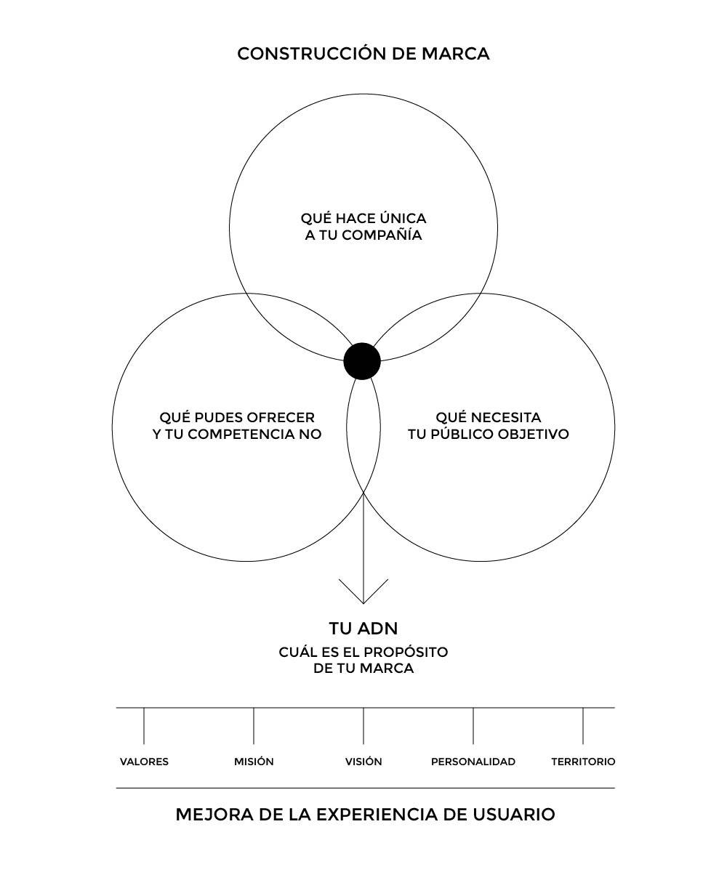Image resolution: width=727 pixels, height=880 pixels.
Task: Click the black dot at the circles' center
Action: pos(362,361)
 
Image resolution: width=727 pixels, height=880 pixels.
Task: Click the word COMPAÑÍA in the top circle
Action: pos(382,235)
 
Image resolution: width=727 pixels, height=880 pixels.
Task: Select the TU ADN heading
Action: pos(363,628)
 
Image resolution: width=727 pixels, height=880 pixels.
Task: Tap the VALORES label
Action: pos(144,762)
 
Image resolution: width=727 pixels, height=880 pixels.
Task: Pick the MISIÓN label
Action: pos(254,762)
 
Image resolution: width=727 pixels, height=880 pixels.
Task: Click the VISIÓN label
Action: pos(363,762)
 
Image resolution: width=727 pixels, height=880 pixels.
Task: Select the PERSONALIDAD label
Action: pos(473,762)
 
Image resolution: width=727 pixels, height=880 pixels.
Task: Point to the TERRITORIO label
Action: pos(583,762)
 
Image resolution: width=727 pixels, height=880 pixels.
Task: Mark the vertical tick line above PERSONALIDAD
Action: pos(473,726)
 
